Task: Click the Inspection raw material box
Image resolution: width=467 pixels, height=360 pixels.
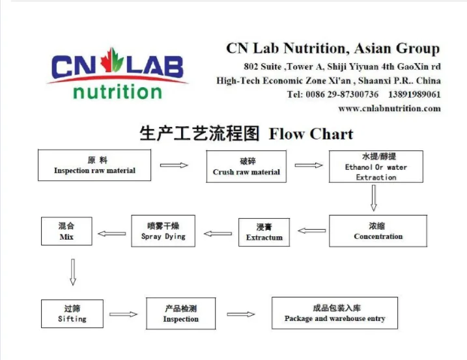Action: point(95,165)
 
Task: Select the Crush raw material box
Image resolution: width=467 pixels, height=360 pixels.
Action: point(246,167)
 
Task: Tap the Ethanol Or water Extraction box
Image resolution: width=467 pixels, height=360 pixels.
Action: point(376,167)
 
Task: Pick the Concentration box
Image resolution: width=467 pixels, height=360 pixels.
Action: point(378,231)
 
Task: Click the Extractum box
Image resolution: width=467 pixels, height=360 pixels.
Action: point(264,232)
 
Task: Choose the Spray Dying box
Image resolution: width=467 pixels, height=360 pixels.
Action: point(163,231)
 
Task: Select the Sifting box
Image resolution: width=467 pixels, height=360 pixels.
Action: point(72,314)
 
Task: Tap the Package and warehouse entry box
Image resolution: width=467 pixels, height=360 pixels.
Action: point(334,313)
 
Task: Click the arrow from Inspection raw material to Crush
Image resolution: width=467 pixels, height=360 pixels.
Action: point(174,165)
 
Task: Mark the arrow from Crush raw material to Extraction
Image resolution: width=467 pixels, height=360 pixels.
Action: point(309,165)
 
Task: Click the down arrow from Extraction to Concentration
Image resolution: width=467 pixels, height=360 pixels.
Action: point(374,199)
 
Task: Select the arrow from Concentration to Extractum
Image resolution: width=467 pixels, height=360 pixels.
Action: point(312,230)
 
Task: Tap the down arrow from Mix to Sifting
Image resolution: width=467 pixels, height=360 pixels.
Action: point(72,272)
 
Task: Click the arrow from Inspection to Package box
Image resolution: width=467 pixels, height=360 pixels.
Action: point(241,314)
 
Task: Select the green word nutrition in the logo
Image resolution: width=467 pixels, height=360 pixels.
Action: point(117,91)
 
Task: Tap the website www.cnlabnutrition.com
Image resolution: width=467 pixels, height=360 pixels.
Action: point(389,108)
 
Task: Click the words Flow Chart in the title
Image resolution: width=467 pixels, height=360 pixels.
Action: point(311,135)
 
